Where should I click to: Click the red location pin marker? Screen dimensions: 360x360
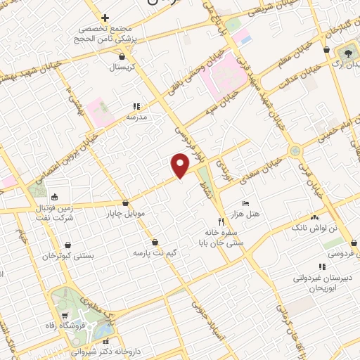[181, 165]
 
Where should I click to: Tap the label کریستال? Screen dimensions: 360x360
[124, 67]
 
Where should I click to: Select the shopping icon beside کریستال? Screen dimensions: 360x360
[124, 56]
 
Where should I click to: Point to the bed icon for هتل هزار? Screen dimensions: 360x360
[245, 202]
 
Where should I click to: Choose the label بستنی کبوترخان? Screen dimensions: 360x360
[67, 256]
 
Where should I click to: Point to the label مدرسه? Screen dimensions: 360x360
[136, 117]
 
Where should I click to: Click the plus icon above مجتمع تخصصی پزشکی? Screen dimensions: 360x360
[105, 18]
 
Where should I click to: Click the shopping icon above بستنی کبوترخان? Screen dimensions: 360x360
[67, 245]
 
